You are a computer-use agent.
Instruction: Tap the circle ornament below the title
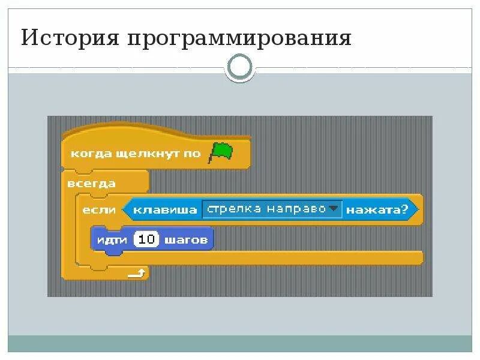point(240,68)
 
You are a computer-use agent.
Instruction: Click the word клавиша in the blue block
point(165,209)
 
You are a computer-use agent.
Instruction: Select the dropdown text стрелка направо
point(265,209)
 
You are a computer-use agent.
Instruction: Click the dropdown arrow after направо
point(334,209)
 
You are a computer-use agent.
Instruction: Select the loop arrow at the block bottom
point(137,274)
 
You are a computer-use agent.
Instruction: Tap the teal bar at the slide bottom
point(240,343)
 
